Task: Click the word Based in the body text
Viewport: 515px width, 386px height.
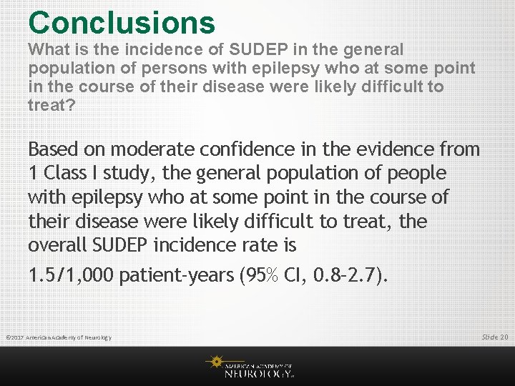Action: pos(54,149)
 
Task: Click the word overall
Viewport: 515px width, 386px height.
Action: pos(59,245)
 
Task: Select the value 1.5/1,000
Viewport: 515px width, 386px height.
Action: pos(72,275)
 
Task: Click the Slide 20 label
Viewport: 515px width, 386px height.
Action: pos(494,336)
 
